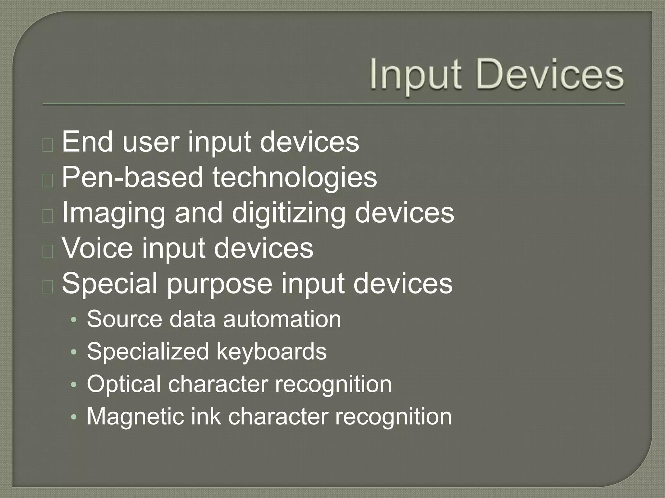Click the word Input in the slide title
pos(415,76)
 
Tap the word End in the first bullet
pos(87,142)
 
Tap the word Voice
pos(97,248)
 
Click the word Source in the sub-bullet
pos(124,319)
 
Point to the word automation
pos(282,319)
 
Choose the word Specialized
pos(148,352)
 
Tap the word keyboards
pos(271,352)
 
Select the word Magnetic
pos(134,417)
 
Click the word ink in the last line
pos(206,417)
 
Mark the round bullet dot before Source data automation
pos(74,320)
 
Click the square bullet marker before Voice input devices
pos(48,251)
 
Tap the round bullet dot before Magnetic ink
pos(74,418)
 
